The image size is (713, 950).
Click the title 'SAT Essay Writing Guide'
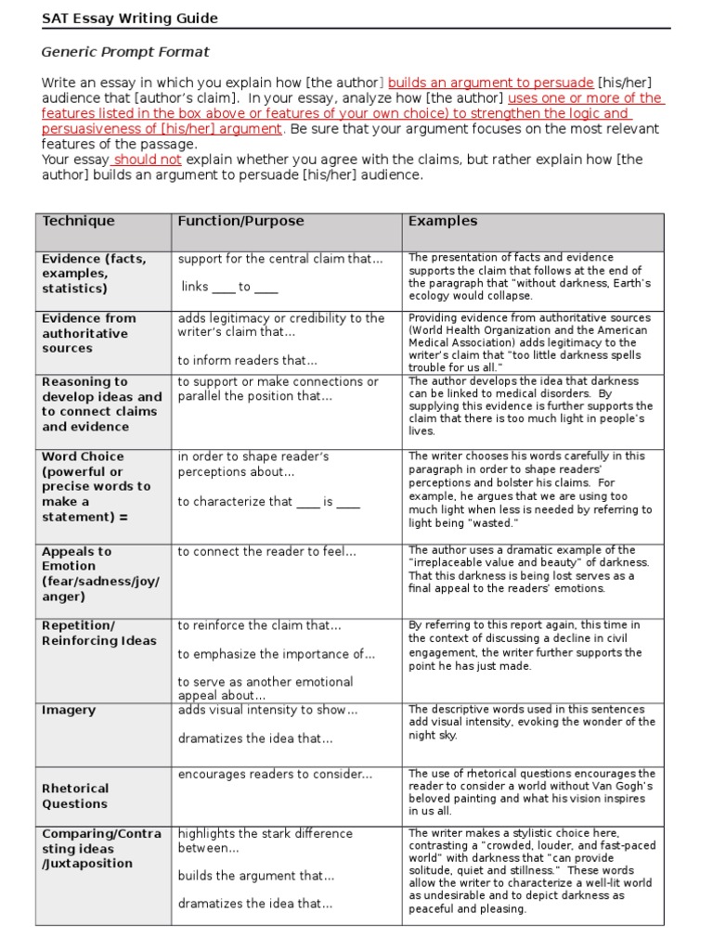(129, 19)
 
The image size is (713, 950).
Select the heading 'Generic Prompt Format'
(125, 52)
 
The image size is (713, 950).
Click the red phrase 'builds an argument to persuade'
(491, 83)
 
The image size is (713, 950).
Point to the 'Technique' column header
(78, 221)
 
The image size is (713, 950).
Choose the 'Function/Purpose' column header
(240, 221)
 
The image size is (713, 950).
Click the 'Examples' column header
(443, 221)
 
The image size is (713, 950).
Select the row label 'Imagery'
(69, 711)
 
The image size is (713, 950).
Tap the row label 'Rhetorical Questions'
(75, 796)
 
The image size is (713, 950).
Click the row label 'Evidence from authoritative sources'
(89, 333)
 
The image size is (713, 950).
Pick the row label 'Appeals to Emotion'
(100, 573)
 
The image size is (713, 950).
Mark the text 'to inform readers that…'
(247, 361)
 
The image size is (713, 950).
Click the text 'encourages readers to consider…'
(275, 774)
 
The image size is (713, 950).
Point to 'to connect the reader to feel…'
(266, 551)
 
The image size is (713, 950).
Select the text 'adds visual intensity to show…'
(267, 711)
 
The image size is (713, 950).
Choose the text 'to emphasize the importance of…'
(276, 654)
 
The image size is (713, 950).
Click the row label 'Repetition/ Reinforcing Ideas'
(99, 633)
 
